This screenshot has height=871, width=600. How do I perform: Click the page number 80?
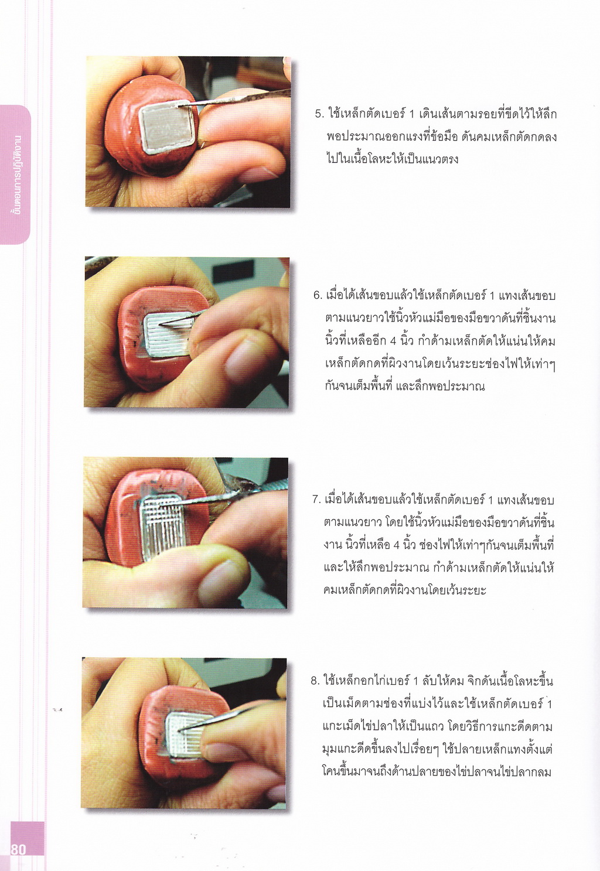point(18,849)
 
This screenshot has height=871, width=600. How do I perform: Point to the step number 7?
point(316,499)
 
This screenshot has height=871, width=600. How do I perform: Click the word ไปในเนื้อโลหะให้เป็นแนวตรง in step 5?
point(393,159)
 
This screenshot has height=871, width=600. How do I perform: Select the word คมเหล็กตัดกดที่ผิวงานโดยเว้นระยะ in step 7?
point(405,590)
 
